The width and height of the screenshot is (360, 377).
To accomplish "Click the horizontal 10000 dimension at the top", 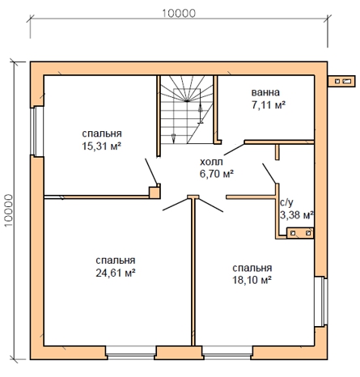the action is point(179,13).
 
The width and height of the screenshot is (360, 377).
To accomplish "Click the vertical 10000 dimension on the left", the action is point(9,210).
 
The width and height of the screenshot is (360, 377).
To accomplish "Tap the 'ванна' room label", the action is point(265,92).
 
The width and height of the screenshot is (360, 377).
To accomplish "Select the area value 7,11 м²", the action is point(269,104).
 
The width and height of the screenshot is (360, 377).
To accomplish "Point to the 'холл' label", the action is point(211,162).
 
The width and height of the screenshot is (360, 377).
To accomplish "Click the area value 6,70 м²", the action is point(216,174).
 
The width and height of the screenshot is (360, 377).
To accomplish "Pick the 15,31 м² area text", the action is point(101,146).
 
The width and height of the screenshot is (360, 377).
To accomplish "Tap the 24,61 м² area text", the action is point(116,273).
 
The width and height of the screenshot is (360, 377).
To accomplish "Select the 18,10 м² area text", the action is point(252,280).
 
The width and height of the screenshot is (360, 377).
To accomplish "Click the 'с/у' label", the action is point(286,202).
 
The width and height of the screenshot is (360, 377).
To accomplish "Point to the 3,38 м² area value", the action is point(297,215).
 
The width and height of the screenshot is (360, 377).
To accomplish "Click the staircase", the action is point(187,109).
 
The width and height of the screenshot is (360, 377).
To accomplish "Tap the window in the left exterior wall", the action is point(37,131).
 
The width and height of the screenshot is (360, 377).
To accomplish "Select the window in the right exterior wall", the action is point(321,301).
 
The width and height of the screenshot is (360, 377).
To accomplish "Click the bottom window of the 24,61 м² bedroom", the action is point(131,353).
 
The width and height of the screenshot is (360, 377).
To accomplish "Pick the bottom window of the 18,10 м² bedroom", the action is point(227,353).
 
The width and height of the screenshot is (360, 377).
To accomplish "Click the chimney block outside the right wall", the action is point(341,81).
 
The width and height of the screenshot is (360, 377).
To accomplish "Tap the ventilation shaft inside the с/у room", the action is point(300,233).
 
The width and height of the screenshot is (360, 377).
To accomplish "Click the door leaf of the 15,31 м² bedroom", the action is point(151,172).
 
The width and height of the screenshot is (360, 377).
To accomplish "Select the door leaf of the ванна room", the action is point(234,150).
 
